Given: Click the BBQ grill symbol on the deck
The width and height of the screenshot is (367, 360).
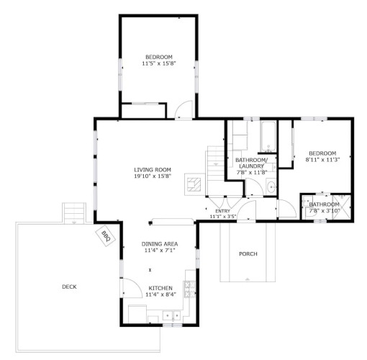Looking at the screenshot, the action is click(106, 236).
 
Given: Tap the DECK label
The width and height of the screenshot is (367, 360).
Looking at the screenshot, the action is click(69, 287).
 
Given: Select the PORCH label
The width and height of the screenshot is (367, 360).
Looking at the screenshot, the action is click(248, 253).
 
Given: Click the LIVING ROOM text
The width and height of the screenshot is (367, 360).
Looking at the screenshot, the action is click(153, 170).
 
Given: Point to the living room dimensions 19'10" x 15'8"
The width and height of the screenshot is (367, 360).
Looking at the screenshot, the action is click(153, 176).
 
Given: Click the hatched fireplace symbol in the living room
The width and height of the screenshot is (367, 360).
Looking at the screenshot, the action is click(194, 184).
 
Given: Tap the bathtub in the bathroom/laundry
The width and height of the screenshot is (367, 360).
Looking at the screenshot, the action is click(268, 137).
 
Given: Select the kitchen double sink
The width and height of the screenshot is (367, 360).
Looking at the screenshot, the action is click(171, 315).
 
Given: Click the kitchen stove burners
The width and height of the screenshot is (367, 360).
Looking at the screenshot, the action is click(190, 289).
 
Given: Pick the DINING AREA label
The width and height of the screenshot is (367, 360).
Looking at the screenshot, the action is click(160, 244).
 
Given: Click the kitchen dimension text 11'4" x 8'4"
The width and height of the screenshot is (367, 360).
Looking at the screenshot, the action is click(161, 294).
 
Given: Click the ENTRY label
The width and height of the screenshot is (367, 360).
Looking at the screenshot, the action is click(223, 211).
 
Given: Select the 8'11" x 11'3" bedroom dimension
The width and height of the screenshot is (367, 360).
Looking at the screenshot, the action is click(322, 160).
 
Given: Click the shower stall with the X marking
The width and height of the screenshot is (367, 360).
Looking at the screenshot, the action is click(342, 207).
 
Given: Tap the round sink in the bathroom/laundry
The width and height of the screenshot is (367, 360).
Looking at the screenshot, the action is click(271, 186).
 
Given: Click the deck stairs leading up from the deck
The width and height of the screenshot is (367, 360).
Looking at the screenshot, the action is click(74, 213).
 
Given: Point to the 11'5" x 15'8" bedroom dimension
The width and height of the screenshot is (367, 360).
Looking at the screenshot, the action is click(159, 63).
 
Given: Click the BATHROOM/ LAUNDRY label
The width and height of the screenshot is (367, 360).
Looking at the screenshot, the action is click(251, 163).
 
